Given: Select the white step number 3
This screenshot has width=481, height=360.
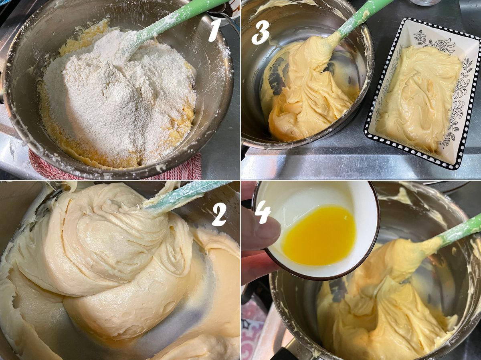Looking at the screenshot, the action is click(261, 32).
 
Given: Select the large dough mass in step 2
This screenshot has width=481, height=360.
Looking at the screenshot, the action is click(105, 258).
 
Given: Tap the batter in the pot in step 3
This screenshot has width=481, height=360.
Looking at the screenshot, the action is click(311, 88).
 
